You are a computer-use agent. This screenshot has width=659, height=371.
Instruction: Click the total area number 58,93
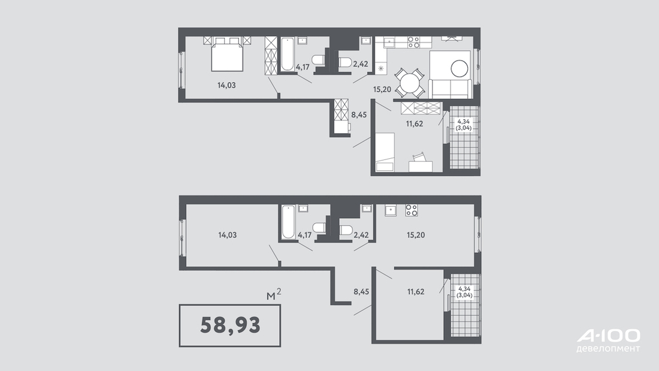[x=230, y=325]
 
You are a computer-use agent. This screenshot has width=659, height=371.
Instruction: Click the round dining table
[x=409, y=83]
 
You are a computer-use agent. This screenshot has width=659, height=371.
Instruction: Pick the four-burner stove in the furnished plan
[x=413, y=42]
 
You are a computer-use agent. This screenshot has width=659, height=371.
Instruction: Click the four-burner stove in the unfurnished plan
[x=412, y=210]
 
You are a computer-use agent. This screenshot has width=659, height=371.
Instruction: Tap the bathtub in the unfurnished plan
[x=288, y=222]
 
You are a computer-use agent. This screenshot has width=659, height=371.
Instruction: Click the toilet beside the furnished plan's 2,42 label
[x=345, y=62]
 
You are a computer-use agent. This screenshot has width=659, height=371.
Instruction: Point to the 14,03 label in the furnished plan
[x=226, y=85]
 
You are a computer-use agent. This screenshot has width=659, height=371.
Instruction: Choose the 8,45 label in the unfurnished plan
[x=361, y=291]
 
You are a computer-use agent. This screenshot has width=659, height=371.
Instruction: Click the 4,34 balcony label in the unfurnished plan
[x=464, y=288]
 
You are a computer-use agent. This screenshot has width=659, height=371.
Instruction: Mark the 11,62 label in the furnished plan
[x=415, y=123]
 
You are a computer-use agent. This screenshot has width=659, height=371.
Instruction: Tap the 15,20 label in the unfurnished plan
[x=416, y=235]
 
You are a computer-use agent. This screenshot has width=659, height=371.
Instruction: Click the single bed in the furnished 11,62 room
[x=385, y=152]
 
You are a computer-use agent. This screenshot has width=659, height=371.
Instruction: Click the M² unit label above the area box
[x=274, y=294]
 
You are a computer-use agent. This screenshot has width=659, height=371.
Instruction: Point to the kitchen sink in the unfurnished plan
[x=391, y=210]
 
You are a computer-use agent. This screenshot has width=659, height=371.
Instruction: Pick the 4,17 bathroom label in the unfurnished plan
[x=305, y=235]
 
